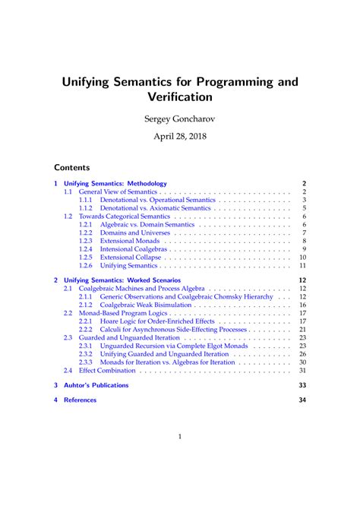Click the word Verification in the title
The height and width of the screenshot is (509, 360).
pos(180,96)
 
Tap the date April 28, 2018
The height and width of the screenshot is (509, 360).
pos(180,138)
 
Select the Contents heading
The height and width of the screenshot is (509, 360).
pos(72,167)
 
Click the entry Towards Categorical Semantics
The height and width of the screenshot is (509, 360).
pos(125,217)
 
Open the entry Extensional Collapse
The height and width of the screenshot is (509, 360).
pos(131,258)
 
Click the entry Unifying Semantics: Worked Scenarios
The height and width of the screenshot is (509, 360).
pos(122,280)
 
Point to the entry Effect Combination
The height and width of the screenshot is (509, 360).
pos(107,371)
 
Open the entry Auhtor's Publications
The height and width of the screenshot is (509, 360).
pos(96,385)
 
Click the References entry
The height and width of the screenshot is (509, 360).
pos(80,400)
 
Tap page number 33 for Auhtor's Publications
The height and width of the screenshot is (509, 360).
pos(302,385)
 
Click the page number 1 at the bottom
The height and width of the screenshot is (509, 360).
pos(180,437)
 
